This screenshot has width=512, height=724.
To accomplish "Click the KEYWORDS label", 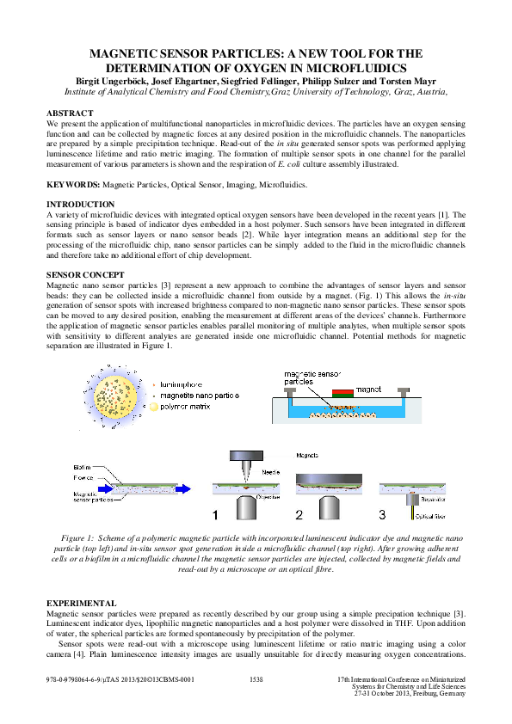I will click(x=73, y=184).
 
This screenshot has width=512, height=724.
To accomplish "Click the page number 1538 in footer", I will click(x=256, y=679).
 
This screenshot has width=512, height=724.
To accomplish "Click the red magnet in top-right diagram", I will click(x=342, y=394).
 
